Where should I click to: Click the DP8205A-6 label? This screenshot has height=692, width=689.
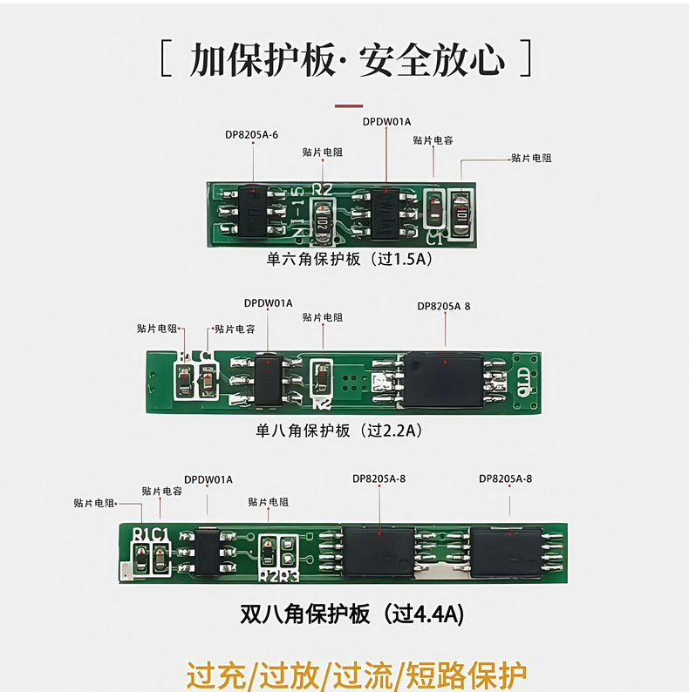(251, 133)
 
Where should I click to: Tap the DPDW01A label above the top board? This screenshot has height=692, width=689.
(386, 120)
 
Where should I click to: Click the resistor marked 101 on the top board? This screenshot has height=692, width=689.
(460, 211)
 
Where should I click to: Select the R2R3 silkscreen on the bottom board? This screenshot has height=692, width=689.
(279, 574)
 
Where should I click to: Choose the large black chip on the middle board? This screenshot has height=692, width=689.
(444, 380)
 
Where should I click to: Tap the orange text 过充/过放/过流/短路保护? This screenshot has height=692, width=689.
(356, 675)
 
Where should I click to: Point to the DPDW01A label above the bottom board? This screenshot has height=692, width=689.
(208, 479)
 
